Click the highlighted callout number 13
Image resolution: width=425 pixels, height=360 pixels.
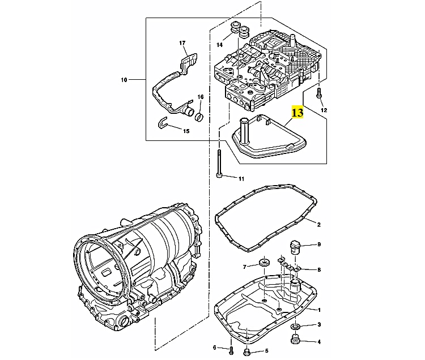(297, 113)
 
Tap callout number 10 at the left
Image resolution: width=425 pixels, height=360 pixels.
(124, 80)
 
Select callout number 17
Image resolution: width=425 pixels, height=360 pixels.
(182, 44)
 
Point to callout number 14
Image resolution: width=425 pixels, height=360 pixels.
(219, 45)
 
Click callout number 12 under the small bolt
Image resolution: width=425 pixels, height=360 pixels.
(324, 109)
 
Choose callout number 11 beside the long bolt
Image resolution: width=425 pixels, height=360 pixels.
(241, 179)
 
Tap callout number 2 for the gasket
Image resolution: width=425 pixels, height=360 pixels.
(318, 225)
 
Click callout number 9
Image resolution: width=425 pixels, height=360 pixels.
(319, 245)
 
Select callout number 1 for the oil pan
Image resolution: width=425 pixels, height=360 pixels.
(318, 310)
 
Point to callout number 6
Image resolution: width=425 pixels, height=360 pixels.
(215, 347)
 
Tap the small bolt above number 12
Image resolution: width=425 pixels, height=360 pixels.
(319, 93)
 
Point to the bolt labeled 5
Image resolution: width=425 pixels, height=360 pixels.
(246, 352)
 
